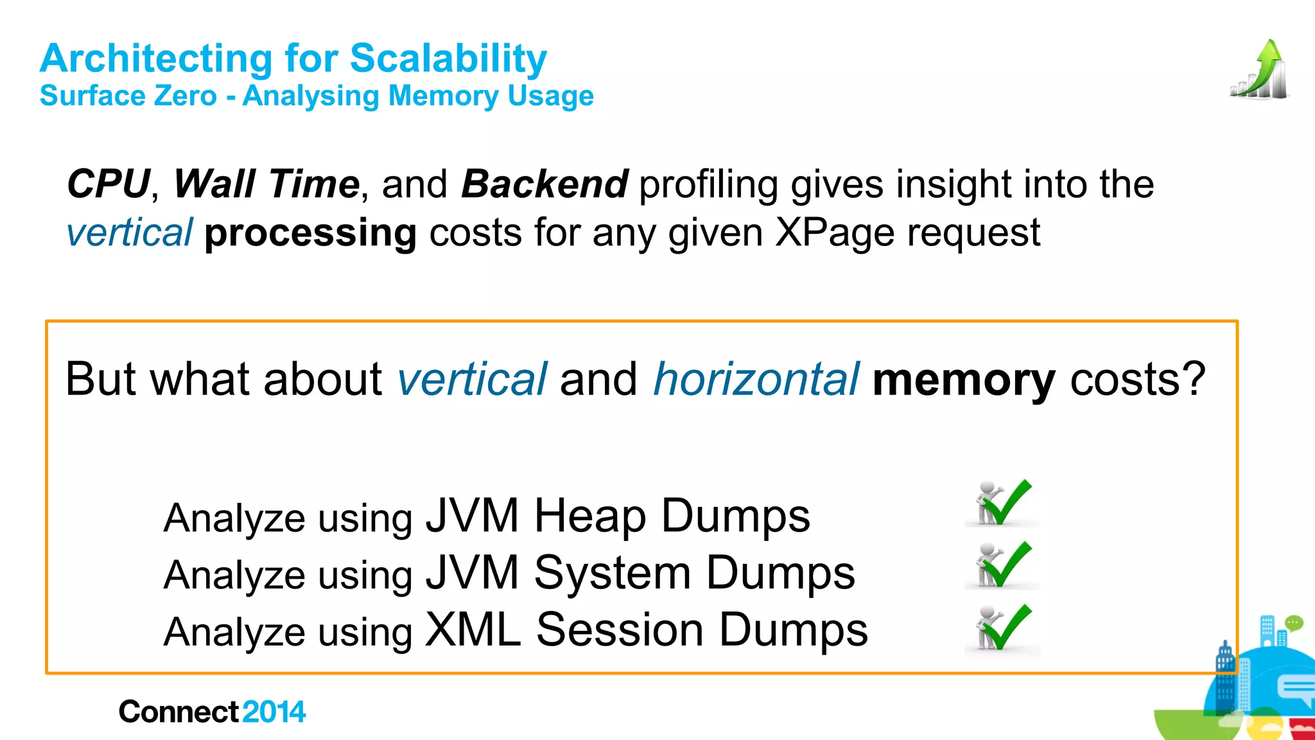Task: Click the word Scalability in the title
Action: tap(448, 59)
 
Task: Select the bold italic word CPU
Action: tap(109, 184)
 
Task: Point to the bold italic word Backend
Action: tap(544, 184)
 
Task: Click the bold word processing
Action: tap(310, 233)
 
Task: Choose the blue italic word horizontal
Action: tap(756, 379)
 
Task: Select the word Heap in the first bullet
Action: tap(590, 516)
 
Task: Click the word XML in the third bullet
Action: tap(473, 630)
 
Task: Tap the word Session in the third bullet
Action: tap(620, 630)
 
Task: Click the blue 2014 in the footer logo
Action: tap(274, 712)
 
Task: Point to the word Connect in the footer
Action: tap(179, 712)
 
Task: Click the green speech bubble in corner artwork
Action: tap(1294, 622)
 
